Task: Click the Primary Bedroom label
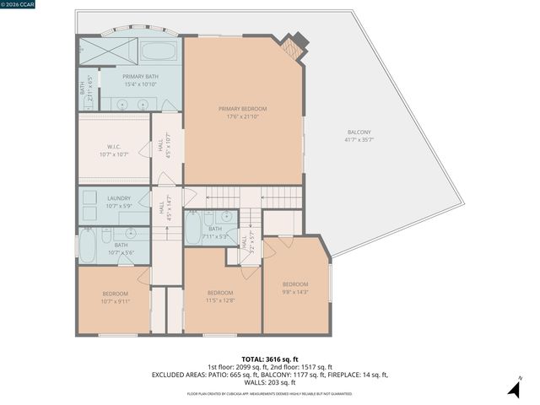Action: [x=242, y=109]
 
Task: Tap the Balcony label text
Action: [x=359, y=132]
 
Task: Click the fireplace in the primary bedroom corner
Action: [x=294, y=47]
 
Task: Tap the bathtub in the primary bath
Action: [x=158, y=51]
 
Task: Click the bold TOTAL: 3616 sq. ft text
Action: [x=270, y=359]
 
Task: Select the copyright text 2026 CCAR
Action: [x=19, y=5]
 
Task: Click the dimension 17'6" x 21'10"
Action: [x=242, y=116]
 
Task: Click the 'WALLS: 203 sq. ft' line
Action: [x=270, y=382]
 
